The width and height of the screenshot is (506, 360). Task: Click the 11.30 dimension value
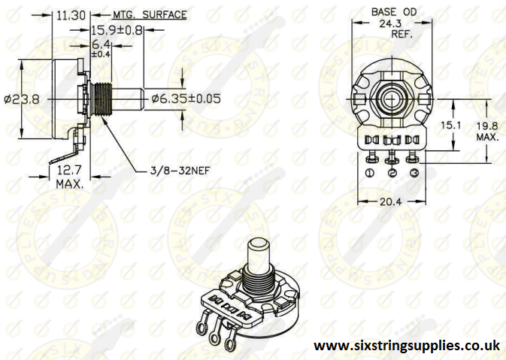pos(71,14)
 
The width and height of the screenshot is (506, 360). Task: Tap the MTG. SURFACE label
pos(150,14)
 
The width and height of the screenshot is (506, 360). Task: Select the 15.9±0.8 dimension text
pos(117,31)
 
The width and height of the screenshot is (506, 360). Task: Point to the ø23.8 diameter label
pos(20,98)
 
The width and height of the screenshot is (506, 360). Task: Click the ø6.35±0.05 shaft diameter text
pos(186,98)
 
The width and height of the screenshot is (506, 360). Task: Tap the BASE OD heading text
pos(393,12)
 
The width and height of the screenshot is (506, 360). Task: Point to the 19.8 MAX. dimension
pos(487,132)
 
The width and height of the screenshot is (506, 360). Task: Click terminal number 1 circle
pos(371,173)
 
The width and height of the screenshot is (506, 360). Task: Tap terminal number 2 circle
pos(392,173)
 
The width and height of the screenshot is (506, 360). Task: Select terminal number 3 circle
pos(413,173)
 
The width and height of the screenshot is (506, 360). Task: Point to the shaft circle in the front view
pos(392,98)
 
